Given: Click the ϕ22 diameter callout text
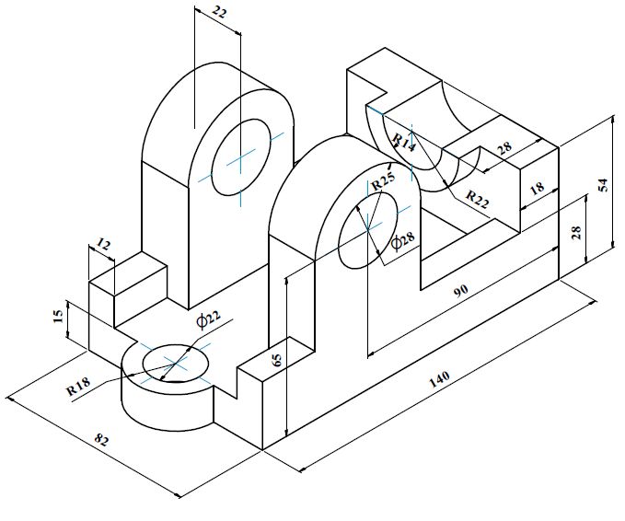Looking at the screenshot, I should coord(209,318).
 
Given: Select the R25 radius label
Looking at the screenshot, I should coord(383,184).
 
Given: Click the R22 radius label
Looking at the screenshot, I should coord(477,196).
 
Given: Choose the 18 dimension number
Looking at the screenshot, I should coord(538,187).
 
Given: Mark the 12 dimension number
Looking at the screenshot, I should coord(103,245).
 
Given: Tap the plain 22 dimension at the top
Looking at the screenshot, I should coord(219,12).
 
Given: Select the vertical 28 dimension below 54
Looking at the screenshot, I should coord(575,231).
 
